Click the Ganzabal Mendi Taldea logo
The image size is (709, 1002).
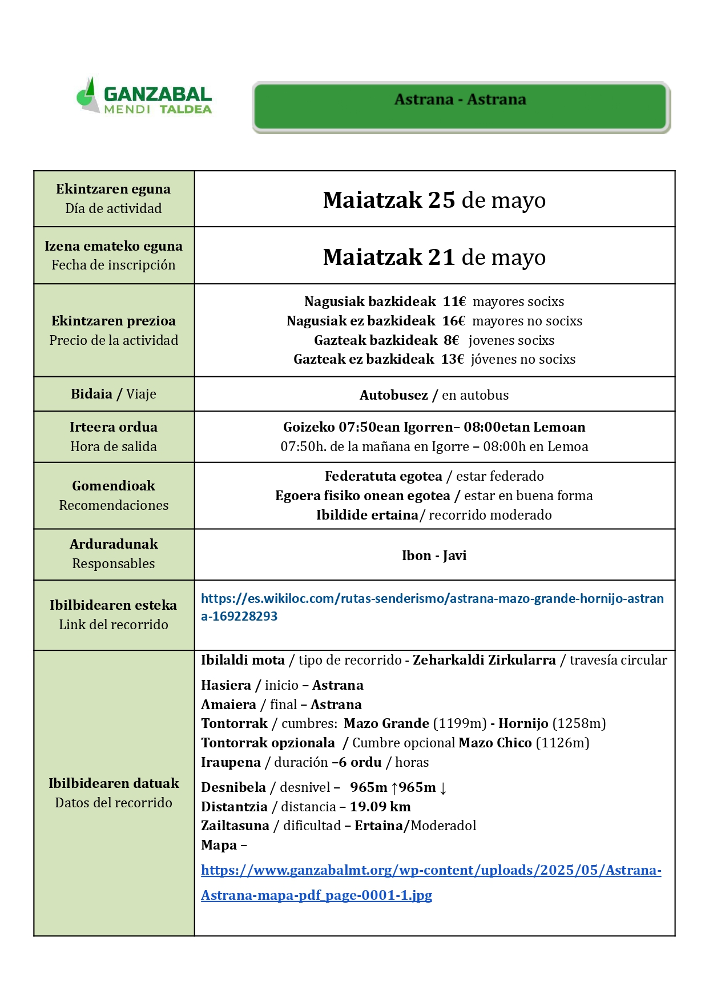(x=144, y=96)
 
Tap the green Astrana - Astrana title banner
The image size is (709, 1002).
(x=460, y=107)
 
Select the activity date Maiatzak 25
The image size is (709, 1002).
(x=389, y=200)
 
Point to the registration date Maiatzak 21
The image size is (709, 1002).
(x=389, y=257)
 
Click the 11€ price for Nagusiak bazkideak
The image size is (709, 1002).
(x=454, y=301)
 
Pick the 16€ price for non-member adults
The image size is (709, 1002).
(x=453, y=321)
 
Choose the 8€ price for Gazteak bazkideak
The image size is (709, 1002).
(x=451, y=340)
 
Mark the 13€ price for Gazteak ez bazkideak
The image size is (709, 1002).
(x=452, y=359)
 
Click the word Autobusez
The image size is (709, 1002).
(x=393, y=395)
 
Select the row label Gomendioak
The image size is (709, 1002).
(x=114, y=486)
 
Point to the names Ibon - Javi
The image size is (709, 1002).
(x=434, y=556)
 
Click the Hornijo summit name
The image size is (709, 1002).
(x=523, y=723)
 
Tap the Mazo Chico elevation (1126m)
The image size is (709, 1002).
(x=562, y=743)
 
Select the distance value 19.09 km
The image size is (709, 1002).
(x=380, y=807)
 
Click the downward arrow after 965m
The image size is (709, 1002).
(x=443, y=788)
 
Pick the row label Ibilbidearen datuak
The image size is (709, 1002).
(x=114, y=783)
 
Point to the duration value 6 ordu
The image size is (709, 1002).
(x=360, y=762)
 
